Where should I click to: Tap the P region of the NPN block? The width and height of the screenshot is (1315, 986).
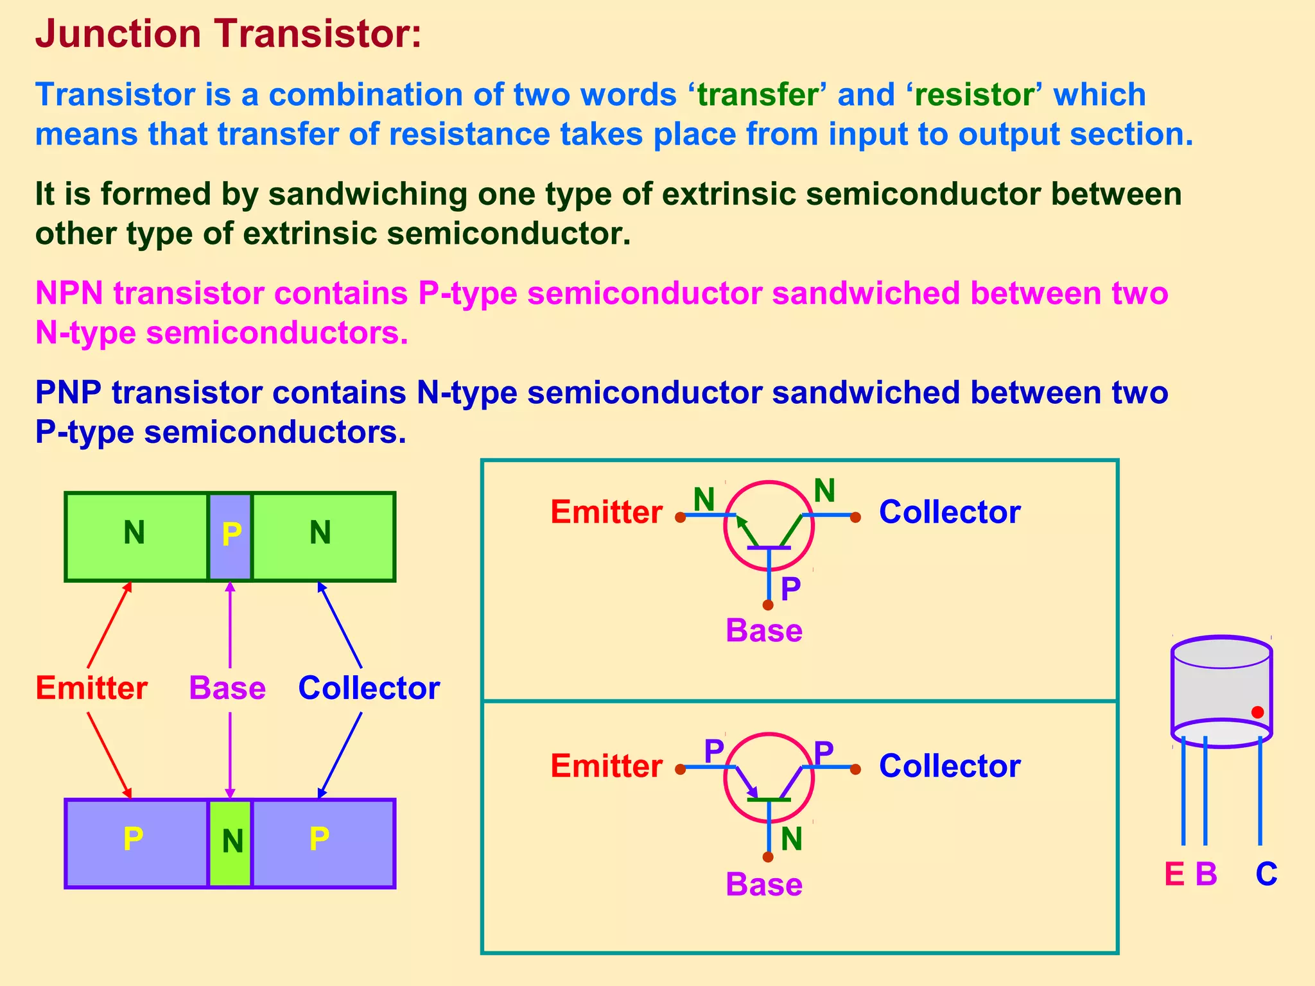[x=231, y=536]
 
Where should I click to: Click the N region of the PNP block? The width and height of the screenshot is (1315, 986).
[x=231, y=843]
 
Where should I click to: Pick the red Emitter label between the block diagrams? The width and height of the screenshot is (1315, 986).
[x=91, y=688]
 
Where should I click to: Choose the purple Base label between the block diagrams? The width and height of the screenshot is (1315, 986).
[x=227, y=688]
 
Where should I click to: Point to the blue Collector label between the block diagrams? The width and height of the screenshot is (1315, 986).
[x=369, y=688]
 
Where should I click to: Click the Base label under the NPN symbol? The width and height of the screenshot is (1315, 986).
[x=763, y=630]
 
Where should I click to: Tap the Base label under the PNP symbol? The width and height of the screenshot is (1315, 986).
[x=763, y=885]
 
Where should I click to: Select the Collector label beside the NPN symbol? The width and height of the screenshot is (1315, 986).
[x=949, y=512]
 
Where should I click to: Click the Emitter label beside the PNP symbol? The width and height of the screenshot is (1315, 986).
[x=606, y=766]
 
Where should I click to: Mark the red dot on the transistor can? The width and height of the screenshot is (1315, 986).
[x=1257, y=712]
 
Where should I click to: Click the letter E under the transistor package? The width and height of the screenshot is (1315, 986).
[x=1174, y=874]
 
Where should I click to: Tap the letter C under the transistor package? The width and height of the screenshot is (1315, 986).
[x=1266, y=874]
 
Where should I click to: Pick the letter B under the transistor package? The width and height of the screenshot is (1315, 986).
[x=1206, y=874]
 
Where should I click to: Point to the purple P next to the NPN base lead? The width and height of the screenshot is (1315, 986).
[x=790, y=588]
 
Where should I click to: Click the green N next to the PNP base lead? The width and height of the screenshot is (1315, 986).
[x=792, y=840]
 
